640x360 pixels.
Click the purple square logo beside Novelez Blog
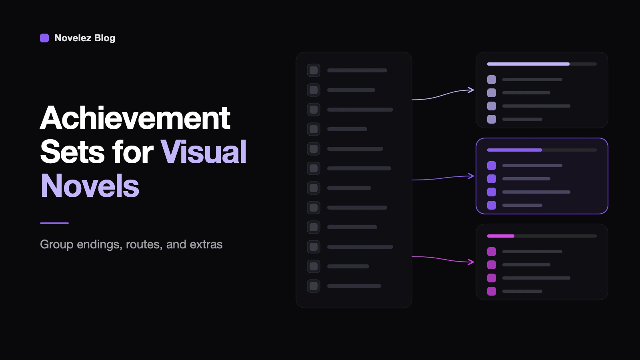(x=44, y=38)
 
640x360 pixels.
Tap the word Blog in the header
(x=104, y=38)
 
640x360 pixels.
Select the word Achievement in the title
(x=135, y=118)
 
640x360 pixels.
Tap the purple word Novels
(x=90, y=186)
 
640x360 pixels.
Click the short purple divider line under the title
(x=54, y=223)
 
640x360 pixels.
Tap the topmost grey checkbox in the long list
(x=314, y=70)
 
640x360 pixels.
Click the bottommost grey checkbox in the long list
(x=314, y=286)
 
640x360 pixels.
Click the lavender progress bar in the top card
(x=528, y=64)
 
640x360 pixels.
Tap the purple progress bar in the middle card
(x=514, y=150)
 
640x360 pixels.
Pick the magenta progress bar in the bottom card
(x=501, y=236)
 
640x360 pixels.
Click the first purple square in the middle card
(x=492, y=166)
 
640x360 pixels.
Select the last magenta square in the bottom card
(x=492, y=291)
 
